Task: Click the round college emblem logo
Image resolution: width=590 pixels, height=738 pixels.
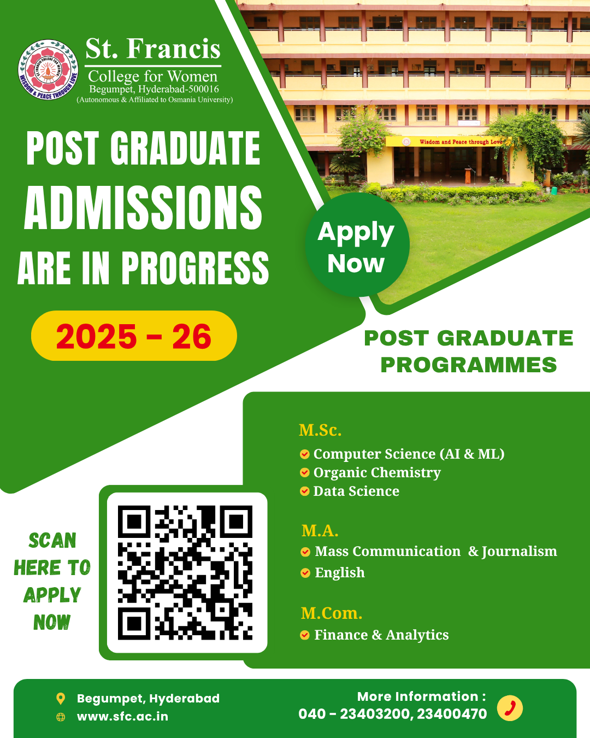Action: pos(48,69)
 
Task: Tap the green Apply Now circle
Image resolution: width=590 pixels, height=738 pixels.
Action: pos(357,244)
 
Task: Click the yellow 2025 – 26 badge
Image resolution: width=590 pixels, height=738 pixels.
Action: pos(134,336)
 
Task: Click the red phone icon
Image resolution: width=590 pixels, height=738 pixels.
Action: pos(510,708)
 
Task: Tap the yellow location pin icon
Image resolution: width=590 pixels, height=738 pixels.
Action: pos(61,699)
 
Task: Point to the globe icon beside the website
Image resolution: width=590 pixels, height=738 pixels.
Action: pos(61,717)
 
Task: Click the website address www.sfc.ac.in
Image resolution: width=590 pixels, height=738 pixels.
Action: pos(122,717)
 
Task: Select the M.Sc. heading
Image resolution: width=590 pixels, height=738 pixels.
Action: pos(320,430)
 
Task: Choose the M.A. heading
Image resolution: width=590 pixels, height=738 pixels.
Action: pos(320,530)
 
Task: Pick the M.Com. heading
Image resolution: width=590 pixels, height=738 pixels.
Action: pos(332,613)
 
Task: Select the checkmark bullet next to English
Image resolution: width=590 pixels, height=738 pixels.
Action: pos(305,573)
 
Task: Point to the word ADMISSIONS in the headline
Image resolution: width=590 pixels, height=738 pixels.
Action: pos(143,208)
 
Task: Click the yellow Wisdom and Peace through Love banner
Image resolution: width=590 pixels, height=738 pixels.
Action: pos(449,142)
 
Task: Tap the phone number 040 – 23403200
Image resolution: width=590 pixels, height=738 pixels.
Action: pos(354,714)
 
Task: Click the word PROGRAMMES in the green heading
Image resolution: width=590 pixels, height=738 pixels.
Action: pos(469,365)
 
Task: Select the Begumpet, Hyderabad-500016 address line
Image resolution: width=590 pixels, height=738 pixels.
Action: pos(154,89)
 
